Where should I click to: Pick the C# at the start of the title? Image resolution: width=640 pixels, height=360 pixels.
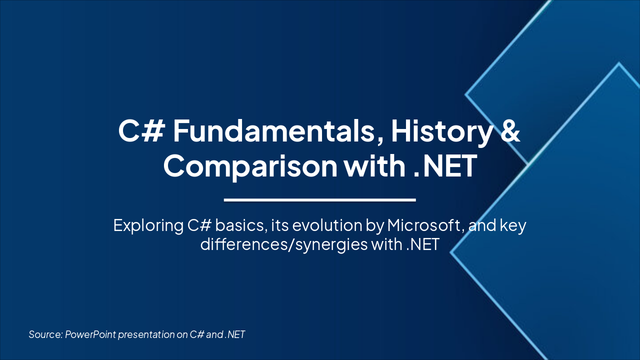141,131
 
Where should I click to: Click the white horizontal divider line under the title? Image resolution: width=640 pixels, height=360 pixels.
320,200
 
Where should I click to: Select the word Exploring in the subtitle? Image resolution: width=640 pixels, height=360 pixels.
148,225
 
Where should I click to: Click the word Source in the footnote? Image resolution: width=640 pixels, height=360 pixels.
45,334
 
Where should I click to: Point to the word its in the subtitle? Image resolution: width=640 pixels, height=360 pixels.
276,225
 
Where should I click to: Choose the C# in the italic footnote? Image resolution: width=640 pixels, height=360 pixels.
196,334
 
